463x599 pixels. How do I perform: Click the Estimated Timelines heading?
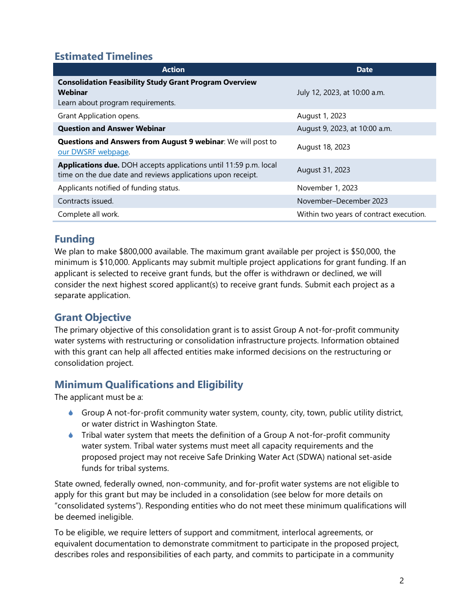[103, 56]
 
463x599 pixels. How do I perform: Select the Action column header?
[173, 70]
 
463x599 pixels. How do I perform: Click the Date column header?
[364, 70]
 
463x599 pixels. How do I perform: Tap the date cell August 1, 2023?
[321, 116]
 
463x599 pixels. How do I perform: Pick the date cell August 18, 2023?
[323, 147]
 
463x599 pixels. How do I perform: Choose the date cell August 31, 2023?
[323, 170]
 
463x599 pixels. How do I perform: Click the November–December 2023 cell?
[342, 201]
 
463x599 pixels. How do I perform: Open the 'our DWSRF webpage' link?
[93, 152]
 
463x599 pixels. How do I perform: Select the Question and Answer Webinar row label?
[112, 129]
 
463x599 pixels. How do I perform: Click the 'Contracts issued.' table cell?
[85, 201]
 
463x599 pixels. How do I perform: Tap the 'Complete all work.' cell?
[88, 214]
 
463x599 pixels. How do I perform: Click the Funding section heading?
[75, 239]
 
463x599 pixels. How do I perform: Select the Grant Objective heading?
[93, 318]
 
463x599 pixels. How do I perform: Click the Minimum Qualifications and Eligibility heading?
[149, 385]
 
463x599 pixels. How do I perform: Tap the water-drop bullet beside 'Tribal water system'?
[71, 435]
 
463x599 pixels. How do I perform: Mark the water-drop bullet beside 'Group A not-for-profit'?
[71, 413]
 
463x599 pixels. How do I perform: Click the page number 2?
[402, 580]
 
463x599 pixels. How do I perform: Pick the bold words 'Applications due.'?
[88, 165]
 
